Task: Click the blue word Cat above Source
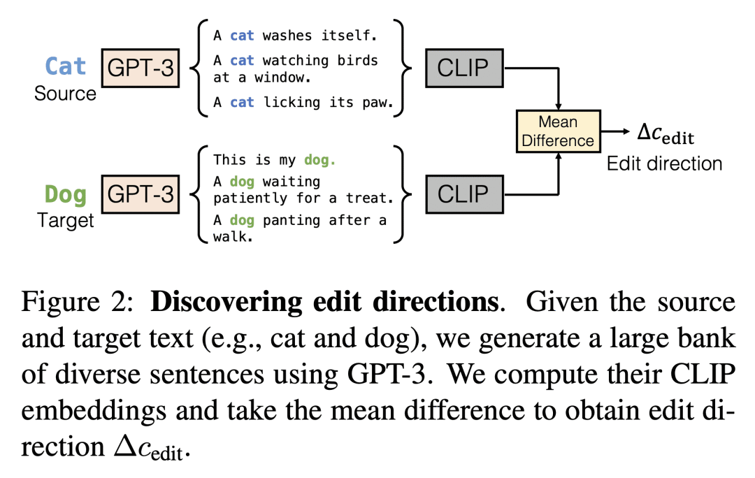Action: (x=66, y=66)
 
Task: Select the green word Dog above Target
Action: (x=66, y=194)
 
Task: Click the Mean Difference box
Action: (x=558, y=131)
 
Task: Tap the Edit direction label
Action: (x=664, y=164)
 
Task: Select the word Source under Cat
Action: (x=65, y=93)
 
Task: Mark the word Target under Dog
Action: (x=65, y=221)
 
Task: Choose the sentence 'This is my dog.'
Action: (x=275, y=160)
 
